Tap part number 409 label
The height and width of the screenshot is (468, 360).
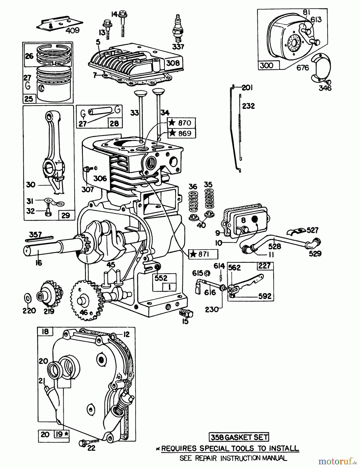tap(72, 31)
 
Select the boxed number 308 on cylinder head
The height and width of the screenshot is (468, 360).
tap(173, 63)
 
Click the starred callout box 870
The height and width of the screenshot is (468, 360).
tap(182, 123)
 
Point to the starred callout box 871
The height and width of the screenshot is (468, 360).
tap(203, 254)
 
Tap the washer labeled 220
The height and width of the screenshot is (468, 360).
tap(28, 298)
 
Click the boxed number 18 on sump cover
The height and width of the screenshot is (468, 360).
tap(45, 331)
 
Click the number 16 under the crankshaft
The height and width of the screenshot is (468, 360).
tap(38, 263)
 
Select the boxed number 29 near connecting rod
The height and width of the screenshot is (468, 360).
tap(66, 215)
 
